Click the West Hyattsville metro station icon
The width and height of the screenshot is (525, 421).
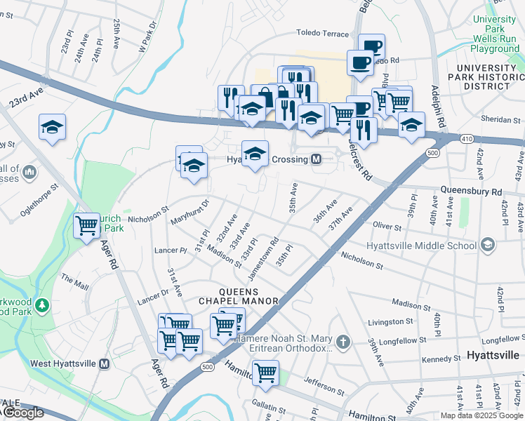105,364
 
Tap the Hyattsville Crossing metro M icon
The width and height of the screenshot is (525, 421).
317,159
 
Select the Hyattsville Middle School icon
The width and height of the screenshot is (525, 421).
488,245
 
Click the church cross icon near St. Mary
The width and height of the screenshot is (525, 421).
343,342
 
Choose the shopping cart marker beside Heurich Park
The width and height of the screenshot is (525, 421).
86,226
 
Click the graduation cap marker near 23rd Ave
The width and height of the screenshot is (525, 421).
52,127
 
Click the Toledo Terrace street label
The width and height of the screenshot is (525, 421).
322,33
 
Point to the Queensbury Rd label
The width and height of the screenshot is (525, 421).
471,191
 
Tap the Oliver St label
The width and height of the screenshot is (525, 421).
387,227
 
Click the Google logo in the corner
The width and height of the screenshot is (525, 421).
22,413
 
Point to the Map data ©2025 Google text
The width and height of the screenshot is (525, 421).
481,415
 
